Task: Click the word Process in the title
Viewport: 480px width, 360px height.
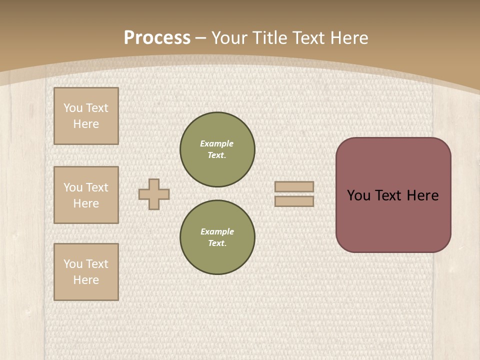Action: pyautogui.click(x=157, y=38)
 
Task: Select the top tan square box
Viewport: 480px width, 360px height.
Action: pyautogui.click(x=86, y=116)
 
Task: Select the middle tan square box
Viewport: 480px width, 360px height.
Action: pyautogui.click(x=86, y=195)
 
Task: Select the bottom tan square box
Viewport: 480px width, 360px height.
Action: pyautogui.click(x=86, y=272)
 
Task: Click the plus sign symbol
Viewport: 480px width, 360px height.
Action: pyautogui.click(x=154, y=194)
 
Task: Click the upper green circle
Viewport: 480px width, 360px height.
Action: pyautogui.click(x=217, y=149)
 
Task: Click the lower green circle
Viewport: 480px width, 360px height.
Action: pyautogui.click(x=217, y=237)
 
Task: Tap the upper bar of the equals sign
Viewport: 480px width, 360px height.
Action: pyautogui.click(x=294, y=186)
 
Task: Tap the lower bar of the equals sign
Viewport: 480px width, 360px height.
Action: pyautogui.click(x=294, y=201)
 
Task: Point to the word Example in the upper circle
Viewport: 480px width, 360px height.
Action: pyautogui.click(x=217, y=143)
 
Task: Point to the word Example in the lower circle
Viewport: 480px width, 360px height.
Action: pyautogui.click(x=217, y=231)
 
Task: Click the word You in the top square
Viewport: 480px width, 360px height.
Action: pyautogui.click(x=73, y=108)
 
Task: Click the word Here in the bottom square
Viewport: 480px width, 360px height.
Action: pyautogui.click(x=86, y=280)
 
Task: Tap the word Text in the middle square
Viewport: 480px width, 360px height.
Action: pyautogui.click(x=96, y=187)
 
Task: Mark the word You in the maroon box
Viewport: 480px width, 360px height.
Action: pyautogui.click(x=359, y=195)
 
